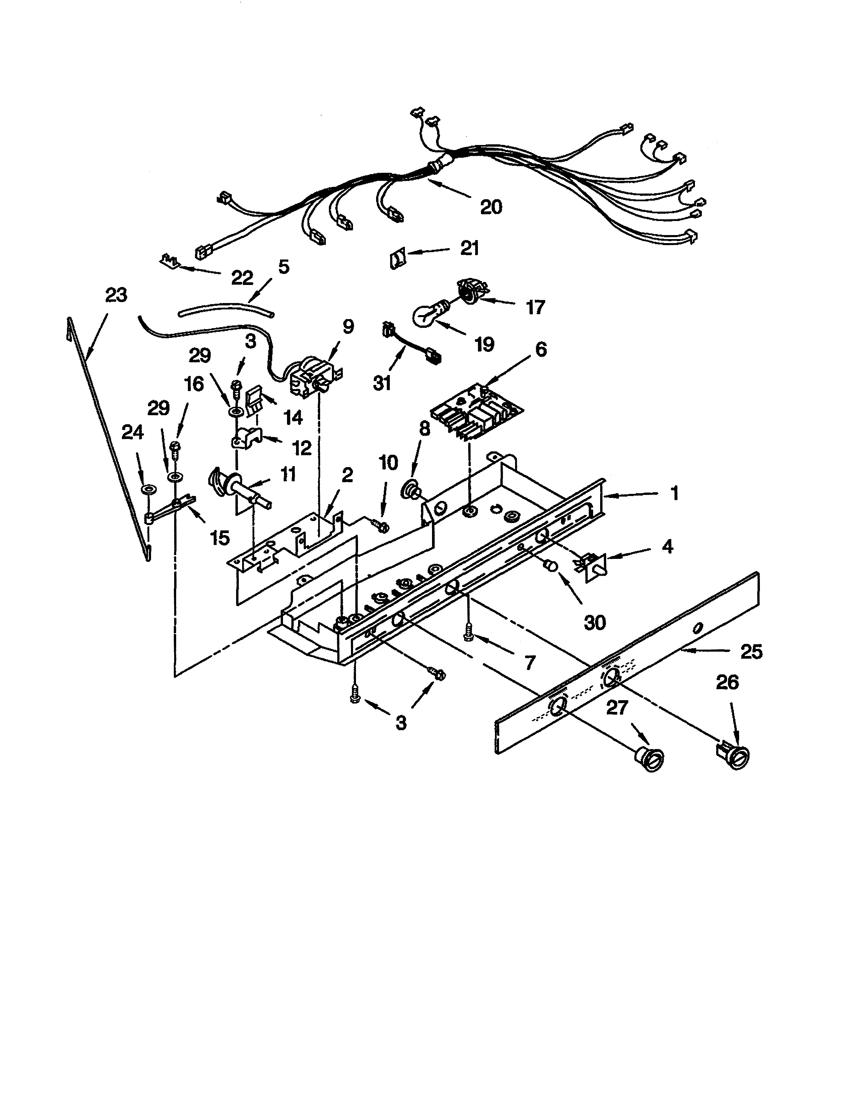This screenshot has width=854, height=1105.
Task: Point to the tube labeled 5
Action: pyautogui.click(x=226, y=309)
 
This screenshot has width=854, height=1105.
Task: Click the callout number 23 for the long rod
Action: pyautogui.click(x=116, y=295)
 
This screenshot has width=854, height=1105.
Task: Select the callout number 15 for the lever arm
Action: pyautogui.click(x=220, y=538)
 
